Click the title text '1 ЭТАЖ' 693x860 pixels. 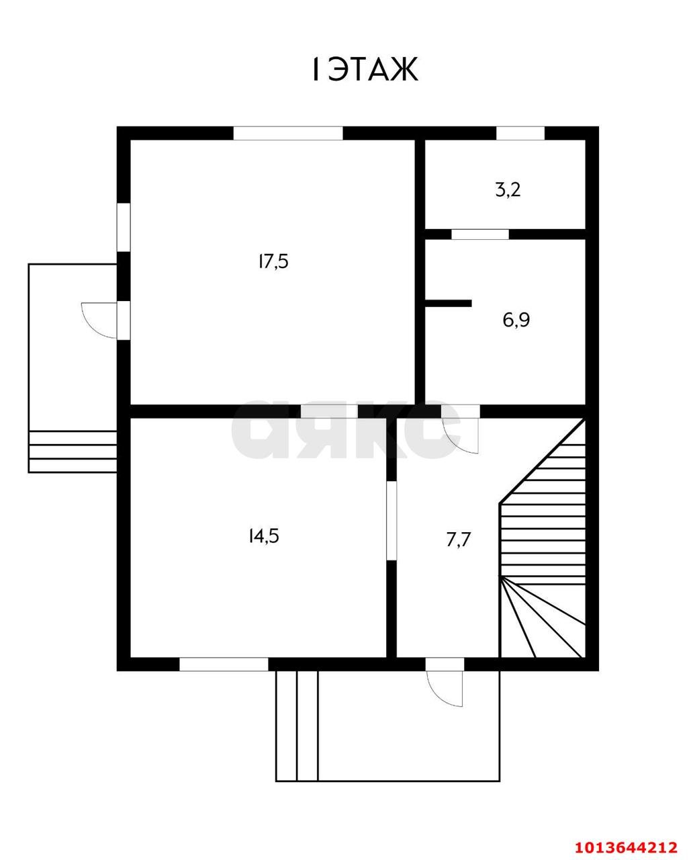(365, 69)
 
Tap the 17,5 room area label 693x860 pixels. (273, 262)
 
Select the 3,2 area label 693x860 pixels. (508, 189)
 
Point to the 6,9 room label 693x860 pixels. (516, 320)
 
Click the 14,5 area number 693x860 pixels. (264, 536)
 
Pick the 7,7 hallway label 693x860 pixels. (459, 540)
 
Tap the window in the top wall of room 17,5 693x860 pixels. (288, 133)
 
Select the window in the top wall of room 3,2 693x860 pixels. (520, 133)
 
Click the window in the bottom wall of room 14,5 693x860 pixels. (224, 664)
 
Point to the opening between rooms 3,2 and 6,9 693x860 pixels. (480, 234)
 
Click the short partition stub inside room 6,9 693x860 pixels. (448, 303)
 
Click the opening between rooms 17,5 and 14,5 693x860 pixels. (329, 411)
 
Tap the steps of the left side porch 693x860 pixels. (73, 451)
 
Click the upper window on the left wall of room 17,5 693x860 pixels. (124, 227)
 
